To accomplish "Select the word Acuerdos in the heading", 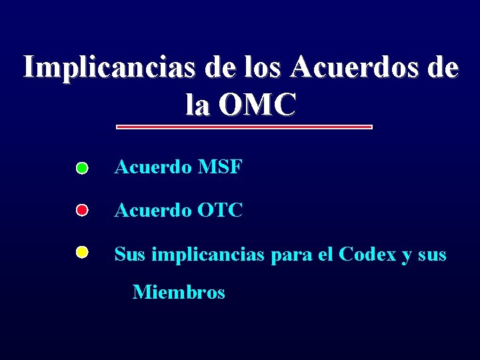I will coord(357,67).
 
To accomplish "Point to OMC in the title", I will coord(255,105).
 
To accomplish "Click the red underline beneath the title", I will coord(244,127).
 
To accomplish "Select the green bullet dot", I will coord(81,168).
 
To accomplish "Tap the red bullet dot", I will coord(81,211).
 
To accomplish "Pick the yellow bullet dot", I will coord(81,253).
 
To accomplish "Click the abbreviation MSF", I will coord(220,167).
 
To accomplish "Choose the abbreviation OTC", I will coord(221,211).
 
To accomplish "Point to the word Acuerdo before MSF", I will coord(153,167).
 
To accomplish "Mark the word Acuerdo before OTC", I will coord(153,211).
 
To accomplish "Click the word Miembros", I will coord(179,292).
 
